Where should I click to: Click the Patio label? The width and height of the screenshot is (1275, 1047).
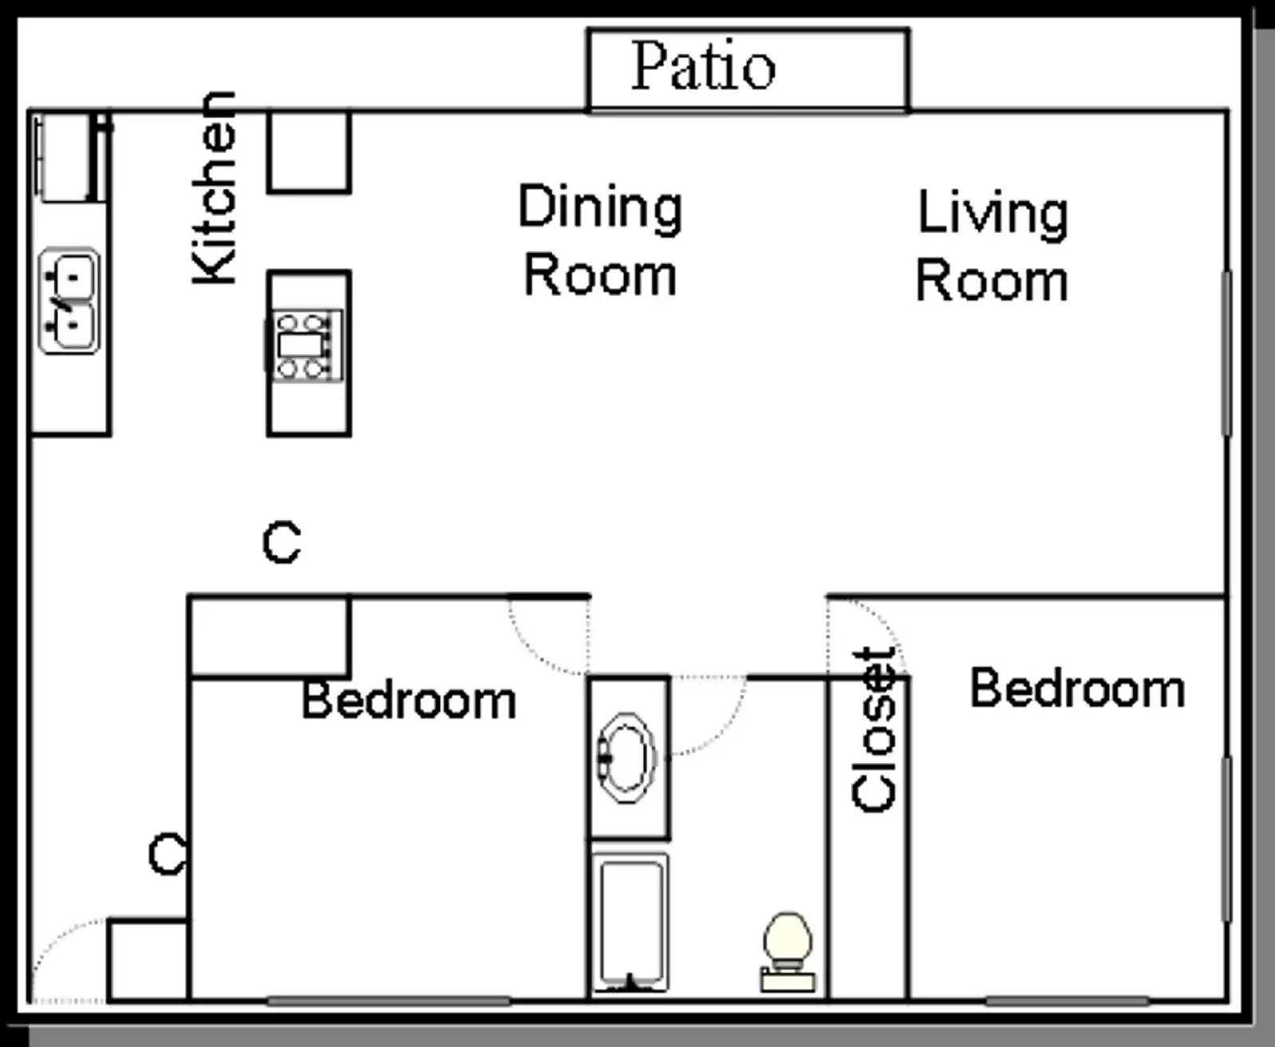click(703, 66)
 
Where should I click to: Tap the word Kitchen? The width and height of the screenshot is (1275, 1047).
click(214, 188)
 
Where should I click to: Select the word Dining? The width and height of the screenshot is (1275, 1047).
click(600, 207)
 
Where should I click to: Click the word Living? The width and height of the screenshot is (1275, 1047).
click(993, 213)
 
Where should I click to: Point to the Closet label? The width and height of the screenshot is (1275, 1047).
click(874, 730)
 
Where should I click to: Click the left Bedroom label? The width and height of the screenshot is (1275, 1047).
click(409, 701)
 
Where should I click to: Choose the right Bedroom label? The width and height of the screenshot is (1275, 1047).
click(1077, 688)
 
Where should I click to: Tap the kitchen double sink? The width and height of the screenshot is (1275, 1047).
click(69, 301)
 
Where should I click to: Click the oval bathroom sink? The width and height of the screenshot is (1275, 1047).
click(627, 758)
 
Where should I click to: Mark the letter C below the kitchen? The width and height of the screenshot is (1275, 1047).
click(282, 542)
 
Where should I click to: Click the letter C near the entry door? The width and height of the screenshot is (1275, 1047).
click(167, 853)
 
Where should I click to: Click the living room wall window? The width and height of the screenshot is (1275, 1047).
click(1227, 353)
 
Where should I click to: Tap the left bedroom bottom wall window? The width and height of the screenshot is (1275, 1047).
click(388, 1001)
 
